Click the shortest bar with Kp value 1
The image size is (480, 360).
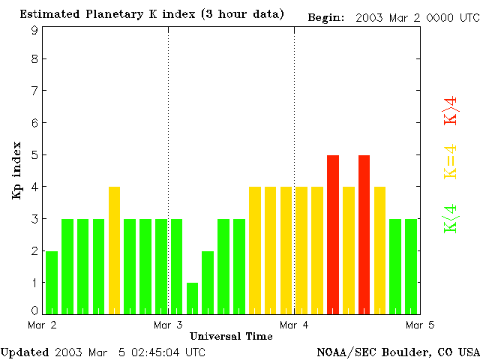[x=192, y=298]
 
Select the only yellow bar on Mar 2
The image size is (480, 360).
[x=114, y=250]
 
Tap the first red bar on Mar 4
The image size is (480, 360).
[x=333, y=234]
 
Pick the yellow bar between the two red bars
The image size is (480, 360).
[x=349, y=250]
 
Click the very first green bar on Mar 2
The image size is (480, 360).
[x=52, y=282]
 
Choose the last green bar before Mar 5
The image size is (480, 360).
[x=411, y=266]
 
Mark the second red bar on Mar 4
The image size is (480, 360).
[x=364, y=234]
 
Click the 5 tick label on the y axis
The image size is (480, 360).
[x=34, y=155]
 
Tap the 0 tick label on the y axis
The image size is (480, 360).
[x=34, y=310]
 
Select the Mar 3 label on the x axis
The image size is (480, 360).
[x=168, y=325]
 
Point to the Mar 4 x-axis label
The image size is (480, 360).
[x=294, y=325]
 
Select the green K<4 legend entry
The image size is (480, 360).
[x=451, y=218]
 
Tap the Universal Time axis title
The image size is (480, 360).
[x=231, y=336]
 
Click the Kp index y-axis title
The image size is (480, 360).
[x=16, y=170]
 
